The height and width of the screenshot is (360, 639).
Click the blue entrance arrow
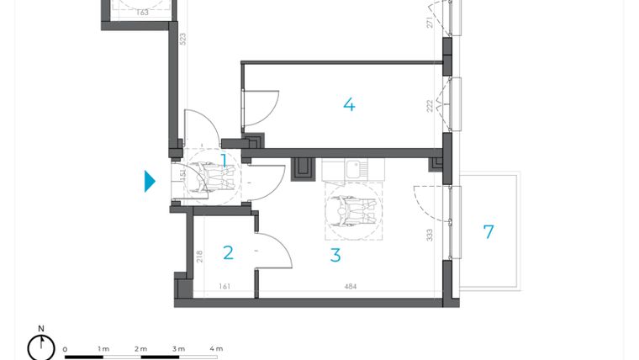point(150,181)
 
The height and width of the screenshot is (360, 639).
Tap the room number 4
point(349,105)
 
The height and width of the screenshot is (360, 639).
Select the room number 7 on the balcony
point(488,232)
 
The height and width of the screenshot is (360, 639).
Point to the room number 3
point(335,255)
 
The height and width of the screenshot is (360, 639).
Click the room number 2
point(228,253)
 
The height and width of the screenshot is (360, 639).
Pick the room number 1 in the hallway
point(224,159)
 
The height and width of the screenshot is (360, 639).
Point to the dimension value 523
point(182,38)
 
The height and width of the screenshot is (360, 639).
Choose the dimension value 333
point(429,236)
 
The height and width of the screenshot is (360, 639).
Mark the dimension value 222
point(429,105)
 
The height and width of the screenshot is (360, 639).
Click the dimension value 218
point(199,257)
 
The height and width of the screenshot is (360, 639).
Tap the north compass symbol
point(40,346)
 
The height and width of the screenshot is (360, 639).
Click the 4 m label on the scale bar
point(216,348)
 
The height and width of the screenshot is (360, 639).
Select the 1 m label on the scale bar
point(103,348)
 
